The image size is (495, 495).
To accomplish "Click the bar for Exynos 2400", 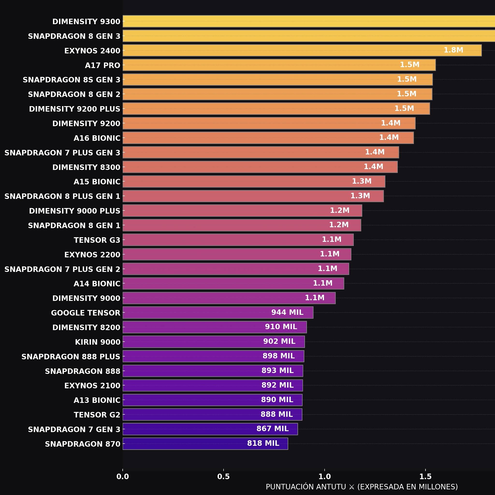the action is click(302, 50).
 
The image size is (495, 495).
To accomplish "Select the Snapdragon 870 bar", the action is click(205, 444).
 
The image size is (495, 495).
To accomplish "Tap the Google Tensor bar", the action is click(218, 313).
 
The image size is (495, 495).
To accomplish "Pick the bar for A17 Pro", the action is click(279, 65).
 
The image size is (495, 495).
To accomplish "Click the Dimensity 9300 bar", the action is click(309, 21).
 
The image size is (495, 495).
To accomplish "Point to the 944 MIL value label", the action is click(287, 312).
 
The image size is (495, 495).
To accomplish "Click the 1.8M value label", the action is click(453, 50).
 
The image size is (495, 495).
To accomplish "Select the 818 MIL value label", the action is click(263, 443).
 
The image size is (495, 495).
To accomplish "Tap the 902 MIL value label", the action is click(279, 341).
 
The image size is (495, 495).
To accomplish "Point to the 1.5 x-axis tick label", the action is click(426, 477).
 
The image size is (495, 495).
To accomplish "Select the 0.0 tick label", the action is click(123, 477).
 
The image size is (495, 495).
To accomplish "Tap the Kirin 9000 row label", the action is click(98, 342).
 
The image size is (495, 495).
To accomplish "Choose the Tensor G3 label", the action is click(97, 240).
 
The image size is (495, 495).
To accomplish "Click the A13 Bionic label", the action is click(97, 400).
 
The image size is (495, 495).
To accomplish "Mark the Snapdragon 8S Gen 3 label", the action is click(72, 80).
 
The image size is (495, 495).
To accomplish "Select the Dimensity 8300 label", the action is click(86, 167).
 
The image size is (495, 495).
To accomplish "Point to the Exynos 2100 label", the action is click(92, 386).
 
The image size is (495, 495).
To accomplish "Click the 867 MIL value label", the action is click(273, 429).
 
